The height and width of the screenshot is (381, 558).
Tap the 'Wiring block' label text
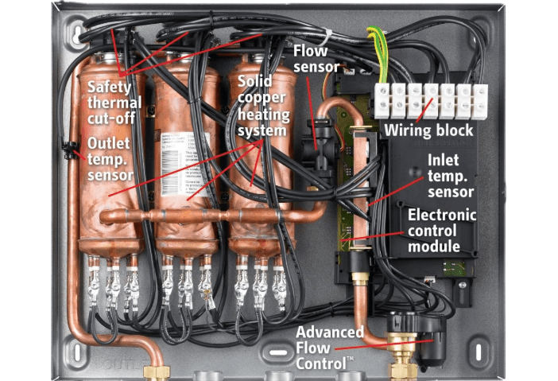pyautogui.click(x=428, y=130)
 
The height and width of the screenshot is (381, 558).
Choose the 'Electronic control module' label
pyautogui.click(x=442, y=230)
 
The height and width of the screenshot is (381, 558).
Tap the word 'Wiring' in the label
pyautogui.click(x=408, y=130)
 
